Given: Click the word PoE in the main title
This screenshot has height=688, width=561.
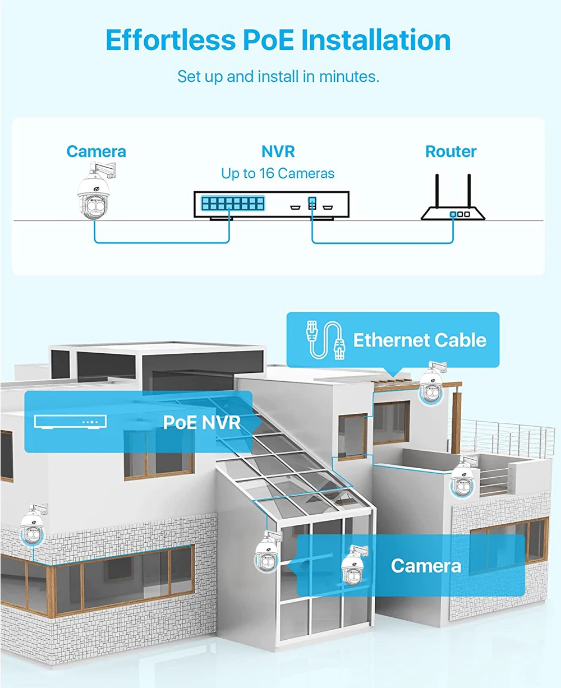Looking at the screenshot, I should pos(266,40).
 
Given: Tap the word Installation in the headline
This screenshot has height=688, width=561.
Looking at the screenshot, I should pos(376,40).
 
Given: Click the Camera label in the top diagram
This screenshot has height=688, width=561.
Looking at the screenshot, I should pos(96,151).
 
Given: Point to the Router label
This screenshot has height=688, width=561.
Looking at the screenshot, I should pos(450,151).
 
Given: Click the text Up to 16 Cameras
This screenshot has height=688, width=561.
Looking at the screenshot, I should pos(278,173).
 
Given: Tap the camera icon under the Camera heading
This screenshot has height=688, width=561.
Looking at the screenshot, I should pos(94,194).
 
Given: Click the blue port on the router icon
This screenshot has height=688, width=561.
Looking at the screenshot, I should pos(452,214).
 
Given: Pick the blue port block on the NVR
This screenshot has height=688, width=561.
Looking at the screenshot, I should pos(232,203).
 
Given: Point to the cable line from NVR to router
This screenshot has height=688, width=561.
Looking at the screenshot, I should pos(381,243).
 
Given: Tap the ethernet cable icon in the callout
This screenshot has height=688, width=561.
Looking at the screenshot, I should pos(324,340).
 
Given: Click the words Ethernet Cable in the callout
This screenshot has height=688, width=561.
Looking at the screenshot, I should pos(419,340).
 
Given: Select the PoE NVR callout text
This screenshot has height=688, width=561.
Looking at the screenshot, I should pos(201,422).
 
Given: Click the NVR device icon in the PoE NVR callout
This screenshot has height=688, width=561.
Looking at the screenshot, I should pos(70,422).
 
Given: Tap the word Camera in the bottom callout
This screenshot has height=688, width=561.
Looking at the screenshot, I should pos(426,566).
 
